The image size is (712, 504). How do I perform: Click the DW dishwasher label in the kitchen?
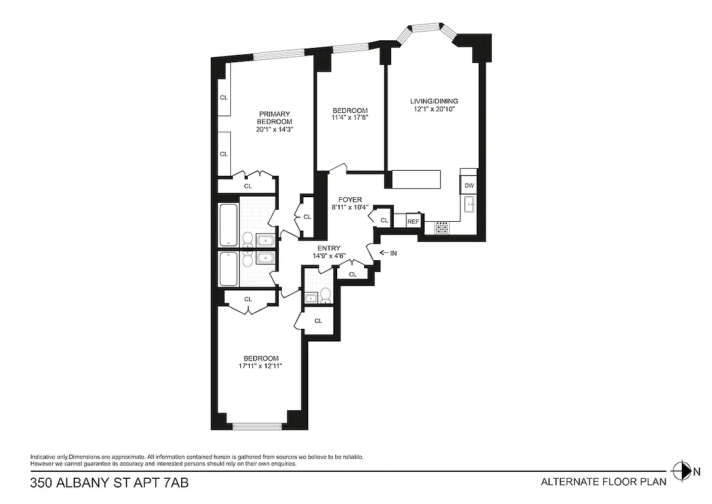point(469,186)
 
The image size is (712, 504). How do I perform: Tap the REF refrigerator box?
point(413,221)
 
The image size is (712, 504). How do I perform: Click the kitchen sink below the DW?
point(469,204)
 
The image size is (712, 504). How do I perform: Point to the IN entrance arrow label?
point(388,253)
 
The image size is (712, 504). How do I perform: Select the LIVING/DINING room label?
point(434,101)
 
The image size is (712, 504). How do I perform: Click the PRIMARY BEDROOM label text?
point(275,118)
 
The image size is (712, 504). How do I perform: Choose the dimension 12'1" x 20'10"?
point(434,109)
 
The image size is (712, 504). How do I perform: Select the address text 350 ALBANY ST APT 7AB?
point(109,483)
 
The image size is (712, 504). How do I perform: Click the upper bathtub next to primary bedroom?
point(228,225)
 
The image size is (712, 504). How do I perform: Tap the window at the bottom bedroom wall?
point(257,427)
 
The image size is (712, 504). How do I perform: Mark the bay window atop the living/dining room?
point(427,27)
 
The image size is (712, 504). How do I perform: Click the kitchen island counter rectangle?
point(416,179)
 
